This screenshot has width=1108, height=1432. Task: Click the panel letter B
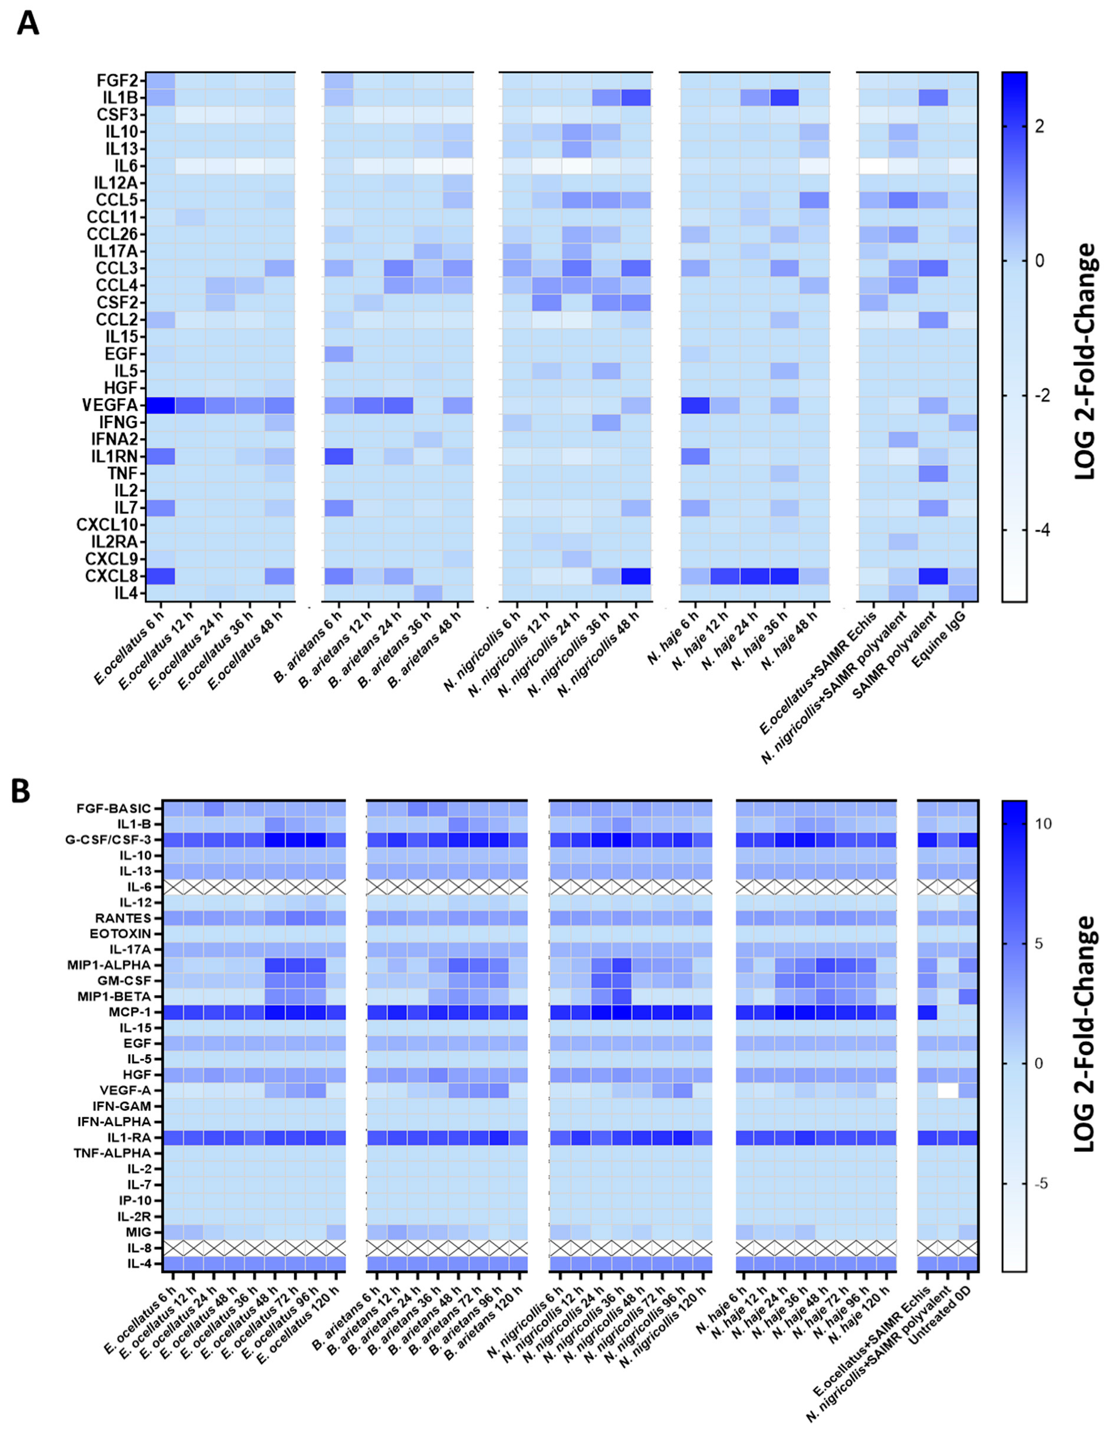point(21,791)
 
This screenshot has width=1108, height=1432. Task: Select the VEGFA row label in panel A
point(110,405)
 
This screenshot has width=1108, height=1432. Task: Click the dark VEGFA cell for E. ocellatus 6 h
point(160,405)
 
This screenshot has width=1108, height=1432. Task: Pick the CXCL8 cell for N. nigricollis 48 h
point(635,576)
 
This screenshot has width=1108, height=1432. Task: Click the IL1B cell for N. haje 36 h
point(784,98)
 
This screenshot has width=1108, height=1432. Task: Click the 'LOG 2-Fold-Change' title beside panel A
point(1086,360)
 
